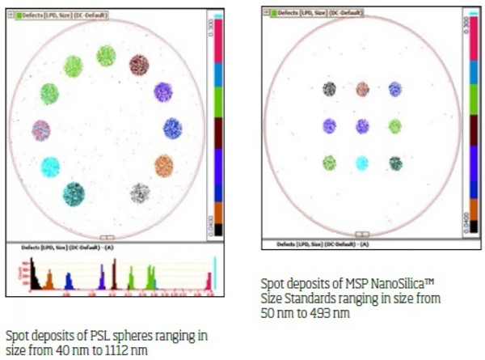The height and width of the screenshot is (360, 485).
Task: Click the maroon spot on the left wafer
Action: coord(140,65)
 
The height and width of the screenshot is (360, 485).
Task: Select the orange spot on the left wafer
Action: coord(163,166)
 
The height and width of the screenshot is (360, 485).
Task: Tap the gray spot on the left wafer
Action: coord(140,193)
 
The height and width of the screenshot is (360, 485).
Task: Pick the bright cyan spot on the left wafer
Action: coord(50,167)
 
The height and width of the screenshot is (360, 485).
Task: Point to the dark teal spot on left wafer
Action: coord(74,193)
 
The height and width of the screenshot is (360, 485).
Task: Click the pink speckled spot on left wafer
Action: coord(41,129)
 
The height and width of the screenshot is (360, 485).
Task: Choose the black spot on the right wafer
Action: coord(329,89)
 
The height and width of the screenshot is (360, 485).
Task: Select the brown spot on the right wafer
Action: coord(362,89)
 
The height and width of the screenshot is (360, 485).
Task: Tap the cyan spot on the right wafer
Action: coord(362,163)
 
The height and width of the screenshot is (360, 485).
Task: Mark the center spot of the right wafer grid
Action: coord(362,126)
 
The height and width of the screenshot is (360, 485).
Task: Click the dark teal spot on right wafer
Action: coord(395,163)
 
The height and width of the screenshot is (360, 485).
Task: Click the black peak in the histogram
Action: coord(35,279)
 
